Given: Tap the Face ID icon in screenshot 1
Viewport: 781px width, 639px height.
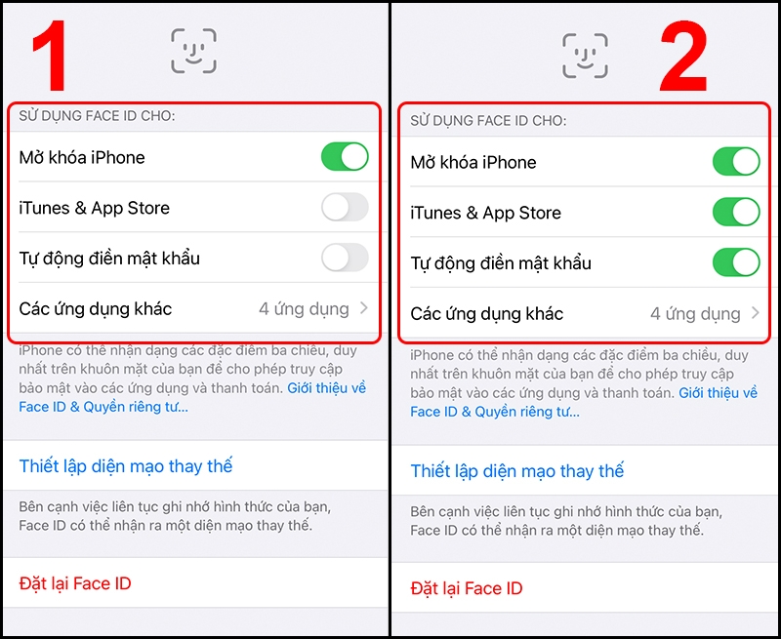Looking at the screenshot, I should pyautogui.click(x=193, y=51).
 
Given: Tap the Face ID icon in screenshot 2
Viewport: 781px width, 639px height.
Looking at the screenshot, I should pyautogui.click(x=585, y=56).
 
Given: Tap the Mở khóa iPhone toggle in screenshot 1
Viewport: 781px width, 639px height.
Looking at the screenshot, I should pyautogui.click(x=345, y=157).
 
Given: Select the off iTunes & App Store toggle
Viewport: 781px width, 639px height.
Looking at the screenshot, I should pyautogui.click(x=345, y=208).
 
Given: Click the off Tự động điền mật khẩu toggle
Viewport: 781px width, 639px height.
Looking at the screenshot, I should pyautogui.click(x=345, y=259).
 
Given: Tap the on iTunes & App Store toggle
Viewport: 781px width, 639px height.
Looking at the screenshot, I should pyautogui.click(x=736, y=213).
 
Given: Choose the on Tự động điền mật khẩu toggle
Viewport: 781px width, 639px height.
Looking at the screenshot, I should pyautogui.click(x=736, y=263).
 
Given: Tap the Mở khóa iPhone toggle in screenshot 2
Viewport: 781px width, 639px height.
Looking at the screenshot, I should pyautogui.click(x=736, y=162).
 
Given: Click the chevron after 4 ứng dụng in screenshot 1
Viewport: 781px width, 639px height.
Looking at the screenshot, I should pyautogui.click(x=364, y=309).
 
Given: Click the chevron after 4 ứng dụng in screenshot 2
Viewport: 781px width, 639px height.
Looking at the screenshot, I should pyautogui.click(x=756, y=314).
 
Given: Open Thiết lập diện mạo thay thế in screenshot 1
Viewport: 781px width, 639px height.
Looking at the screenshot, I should pyautogui.click(x=126, y=466).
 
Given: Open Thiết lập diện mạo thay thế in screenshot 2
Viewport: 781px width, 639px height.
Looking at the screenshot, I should pyautogui.click(x=517, y=471).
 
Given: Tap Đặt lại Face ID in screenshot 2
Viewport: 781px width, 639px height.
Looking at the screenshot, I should pyautogui.click(x=467, y=588).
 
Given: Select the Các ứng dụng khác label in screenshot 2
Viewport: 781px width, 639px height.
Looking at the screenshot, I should pyautogui.click(x=486, y=314).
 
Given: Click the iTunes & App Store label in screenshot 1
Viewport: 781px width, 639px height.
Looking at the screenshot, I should pyautogui.click(x=94, y=208).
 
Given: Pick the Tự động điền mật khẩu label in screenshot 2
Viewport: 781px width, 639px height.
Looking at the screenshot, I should pyautogui.click(x=501, y=263).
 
